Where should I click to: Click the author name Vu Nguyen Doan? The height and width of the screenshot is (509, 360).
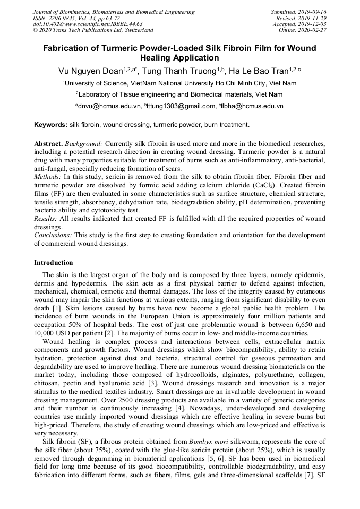tap(90, 71)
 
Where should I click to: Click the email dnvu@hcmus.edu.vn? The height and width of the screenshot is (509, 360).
tap(110, 106)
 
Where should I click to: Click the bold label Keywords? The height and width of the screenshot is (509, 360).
tap(50, 125)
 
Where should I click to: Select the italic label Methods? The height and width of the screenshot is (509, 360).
tap(48, 176)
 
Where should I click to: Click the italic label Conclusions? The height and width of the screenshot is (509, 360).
tap(53, 235)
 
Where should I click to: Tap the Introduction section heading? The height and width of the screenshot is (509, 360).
tap(54, 263)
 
